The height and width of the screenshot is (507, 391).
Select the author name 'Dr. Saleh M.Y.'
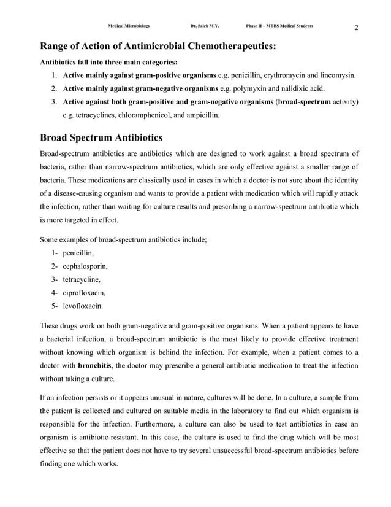pyautogui.click(x=205, y=26)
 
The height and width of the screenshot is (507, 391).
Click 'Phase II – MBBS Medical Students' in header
pyautogui.click(x=279, y=26)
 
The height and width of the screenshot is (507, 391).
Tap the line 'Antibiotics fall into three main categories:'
pyautogui.click(x=108, y=62)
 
